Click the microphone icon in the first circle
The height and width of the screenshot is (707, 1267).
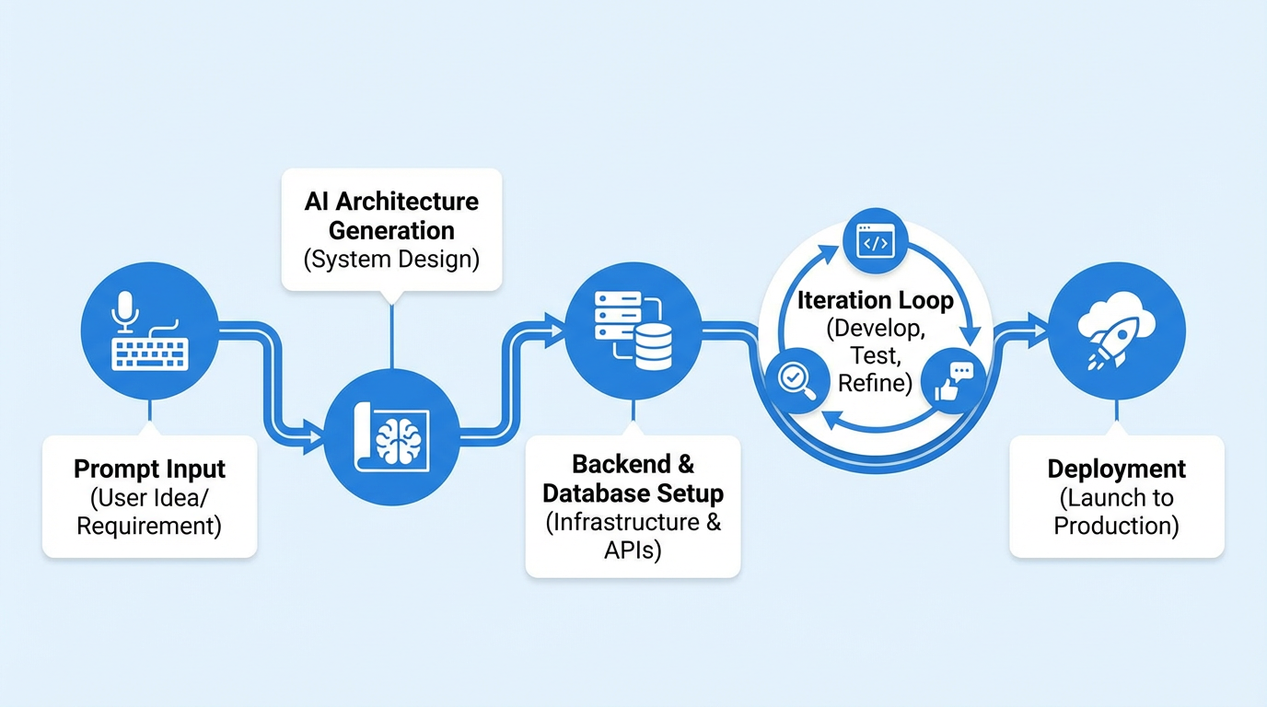(124, 310)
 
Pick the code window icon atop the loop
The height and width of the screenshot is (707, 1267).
(874, 241)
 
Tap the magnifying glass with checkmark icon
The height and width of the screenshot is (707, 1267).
(793, 379)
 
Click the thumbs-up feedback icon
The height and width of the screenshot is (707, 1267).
(952, 380)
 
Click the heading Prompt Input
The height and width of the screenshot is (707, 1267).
(149, 469)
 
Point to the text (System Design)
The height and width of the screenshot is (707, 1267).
(391, 260)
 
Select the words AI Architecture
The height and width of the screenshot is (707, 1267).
(391, 201)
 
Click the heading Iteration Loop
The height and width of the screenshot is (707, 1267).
(875, 300)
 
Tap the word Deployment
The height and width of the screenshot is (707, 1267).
(1117, 469)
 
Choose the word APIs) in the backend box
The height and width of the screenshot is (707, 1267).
(633, 551)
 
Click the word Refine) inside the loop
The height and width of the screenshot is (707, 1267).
(875, 382)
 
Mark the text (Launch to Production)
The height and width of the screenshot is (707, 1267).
(1117, 512)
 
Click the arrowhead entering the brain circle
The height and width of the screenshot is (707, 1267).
(313, 430)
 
